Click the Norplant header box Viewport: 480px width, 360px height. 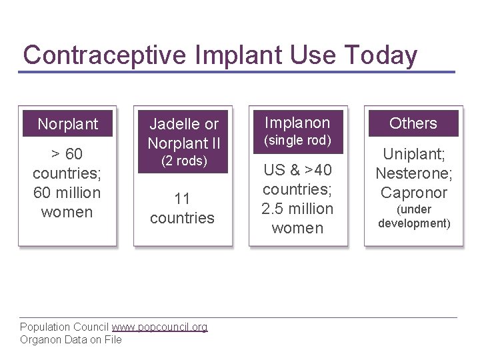67,123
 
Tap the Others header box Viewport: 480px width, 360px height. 413,123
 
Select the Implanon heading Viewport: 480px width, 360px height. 298,123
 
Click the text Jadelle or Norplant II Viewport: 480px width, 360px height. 183,133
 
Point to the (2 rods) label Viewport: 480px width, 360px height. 183,161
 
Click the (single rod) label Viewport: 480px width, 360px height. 298,141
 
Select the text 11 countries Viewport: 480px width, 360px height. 183,207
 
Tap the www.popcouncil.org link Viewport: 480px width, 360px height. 160,327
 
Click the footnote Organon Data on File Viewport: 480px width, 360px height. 71,339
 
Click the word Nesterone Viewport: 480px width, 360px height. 413,173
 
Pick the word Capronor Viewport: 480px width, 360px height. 413,193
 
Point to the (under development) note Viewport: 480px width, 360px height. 413,216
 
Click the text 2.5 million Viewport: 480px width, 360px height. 298,209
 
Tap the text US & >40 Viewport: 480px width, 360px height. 298,170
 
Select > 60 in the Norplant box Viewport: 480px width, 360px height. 67,155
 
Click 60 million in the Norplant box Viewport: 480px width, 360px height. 67,193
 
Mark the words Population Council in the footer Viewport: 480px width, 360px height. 65,327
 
